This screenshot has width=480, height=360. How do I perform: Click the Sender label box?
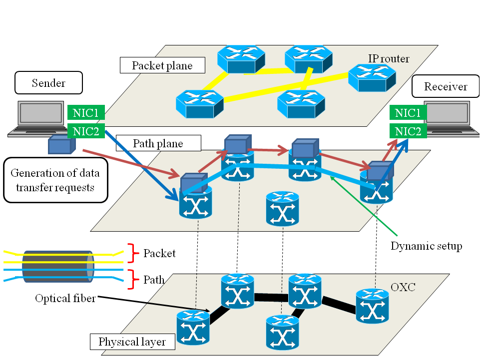coord(48,83)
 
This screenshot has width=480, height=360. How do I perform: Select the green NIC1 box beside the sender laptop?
coord(86,112)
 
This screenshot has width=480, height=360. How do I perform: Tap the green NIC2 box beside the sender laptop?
coord(86,132)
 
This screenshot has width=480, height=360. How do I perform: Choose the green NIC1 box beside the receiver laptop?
coord(408,113)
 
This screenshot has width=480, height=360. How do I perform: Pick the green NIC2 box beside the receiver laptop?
coord(408,132)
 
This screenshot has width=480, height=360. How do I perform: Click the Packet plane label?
coord(162,65)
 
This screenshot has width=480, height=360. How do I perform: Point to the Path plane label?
coord(158,144)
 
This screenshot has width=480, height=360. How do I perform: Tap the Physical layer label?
coord(132,342)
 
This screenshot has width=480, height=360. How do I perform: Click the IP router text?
coord(389,59)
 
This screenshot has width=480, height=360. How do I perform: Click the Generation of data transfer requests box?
coord(55,180)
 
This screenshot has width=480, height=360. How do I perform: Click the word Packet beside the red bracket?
coord(159,253)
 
